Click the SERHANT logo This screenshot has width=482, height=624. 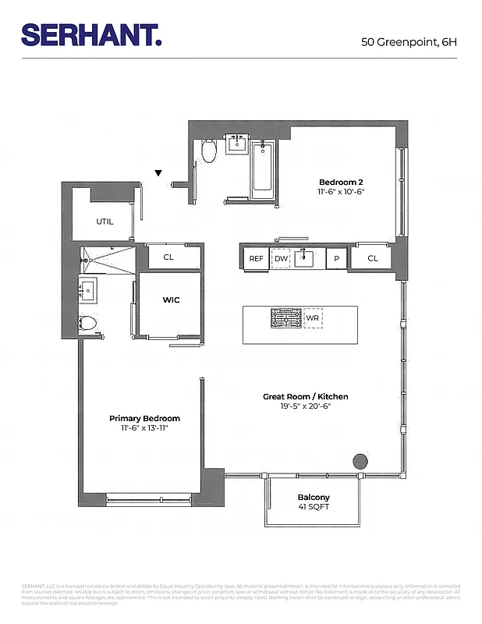[x=91, y=35]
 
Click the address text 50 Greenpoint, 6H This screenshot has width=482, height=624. [x=409, y=41]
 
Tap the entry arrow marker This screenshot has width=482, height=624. [x=159, y=173]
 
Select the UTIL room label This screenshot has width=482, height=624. [x=105, y=222]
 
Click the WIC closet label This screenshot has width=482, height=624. [x=171, y=300]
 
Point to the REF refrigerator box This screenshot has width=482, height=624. [x=256, y=259]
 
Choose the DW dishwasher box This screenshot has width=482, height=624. [x=281, y=259]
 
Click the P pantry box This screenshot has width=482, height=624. [x=337, y=259]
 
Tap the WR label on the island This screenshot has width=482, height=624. [x=313, y=317]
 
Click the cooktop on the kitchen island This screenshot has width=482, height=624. [x=285, y=317]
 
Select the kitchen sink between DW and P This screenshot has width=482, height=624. [x=308, y=257]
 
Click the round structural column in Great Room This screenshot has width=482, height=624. [x=360, y=460]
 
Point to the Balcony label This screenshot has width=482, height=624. [x=314, y=497]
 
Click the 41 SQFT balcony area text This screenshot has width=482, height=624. [x=314, y=508]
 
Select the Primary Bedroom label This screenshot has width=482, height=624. [x=145, y=418]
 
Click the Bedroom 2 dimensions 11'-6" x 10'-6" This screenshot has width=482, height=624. [x=341, y=192]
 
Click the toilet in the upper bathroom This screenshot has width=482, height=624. [x=208, y=151]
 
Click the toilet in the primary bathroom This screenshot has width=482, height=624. [x=88, y=323]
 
